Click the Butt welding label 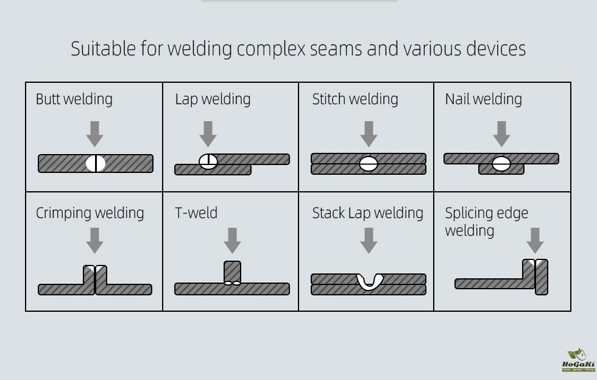pyautogui.click(x=74, y=99)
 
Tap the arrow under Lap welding pyautogui.click(x=208, y=133)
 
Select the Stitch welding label pyautogui.click(x=355, y=99)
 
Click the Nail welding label pyautogui.click(x=483, y=99)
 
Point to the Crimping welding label pyautogui.click(x=90, y=213)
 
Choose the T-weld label pyautogui.click(x=196, y=213)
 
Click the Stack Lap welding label pyautogui.click(x=367, y=213)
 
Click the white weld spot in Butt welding pyautogui.click(x=96, y=163)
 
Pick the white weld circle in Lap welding pyautogui.click(x=208, y=161)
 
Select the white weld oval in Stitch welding pyautogui.click(x=369, y=163)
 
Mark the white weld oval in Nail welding pyautogui.click(x=501, y=163)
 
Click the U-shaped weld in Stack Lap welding pyautogui.click(x=369, y=281)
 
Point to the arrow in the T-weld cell pyautogui.click(x=232, y=240)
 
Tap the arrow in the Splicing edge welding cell pyautogui.click(x=535, y=240)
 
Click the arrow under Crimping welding pyautogui.click(x=94, y=240)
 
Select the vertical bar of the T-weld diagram pyautogui.click(x=232, y=272)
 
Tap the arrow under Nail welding pyautogui.click(x=501, y=133)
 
